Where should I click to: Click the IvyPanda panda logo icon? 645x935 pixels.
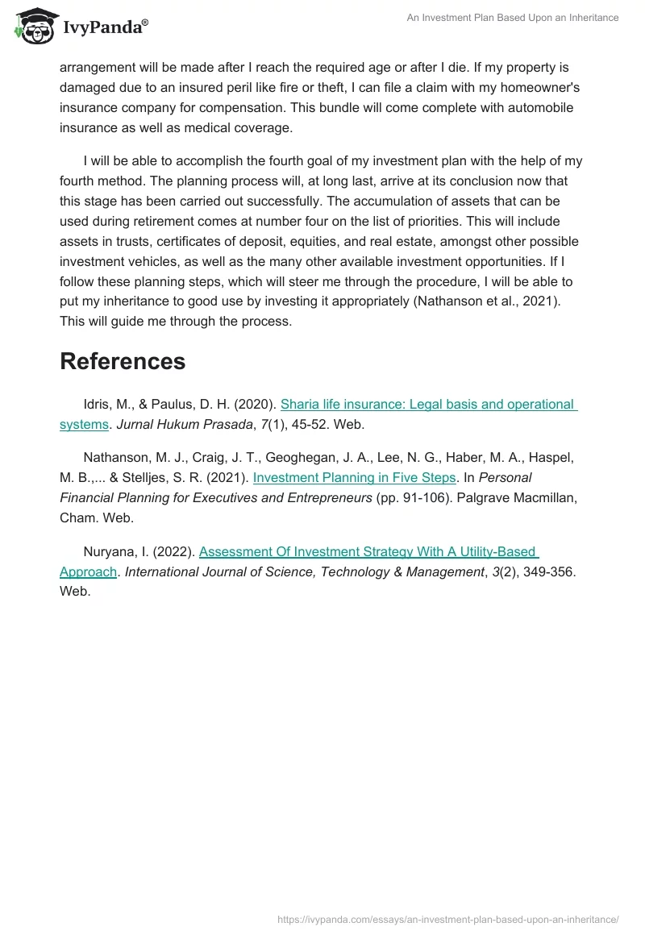33,26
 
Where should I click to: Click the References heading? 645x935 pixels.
123,361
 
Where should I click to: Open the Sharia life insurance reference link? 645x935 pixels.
427,404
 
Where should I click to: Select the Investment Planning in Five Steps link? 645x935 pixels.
354,477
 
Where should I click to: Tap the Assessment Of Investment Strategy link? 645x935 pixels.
368,551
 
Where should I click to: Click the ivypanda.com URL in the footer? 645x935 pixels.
447,918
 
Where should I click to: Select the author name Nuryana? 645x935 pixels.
110,551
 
